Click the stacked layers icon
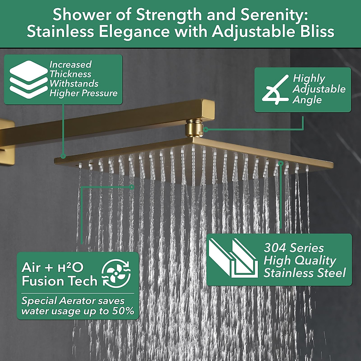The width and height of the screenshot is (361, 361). click(29, 79)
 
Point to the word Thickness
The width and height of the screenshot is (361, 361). click(70, 74)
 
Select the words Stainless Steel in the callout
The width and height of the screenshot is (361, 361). click(305, 273)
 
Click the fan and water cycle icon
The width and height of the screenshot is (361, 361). click(116, 274)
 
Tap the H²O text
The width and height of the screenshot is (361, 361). click(70, 267)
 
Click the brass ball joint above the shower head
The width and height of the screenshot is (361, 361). click(193, 128)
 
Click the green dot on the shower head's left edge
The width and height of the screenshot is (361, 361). click(63, 156)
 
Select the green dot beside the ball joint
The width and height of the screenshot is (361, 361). click(206, 130)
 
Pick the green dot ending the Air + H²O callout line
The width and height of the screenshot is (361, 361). click(131, 187)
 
